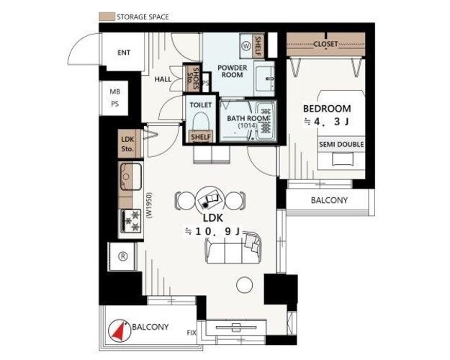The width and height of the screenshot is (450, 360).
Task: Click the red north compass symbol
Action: [x=120, y=330]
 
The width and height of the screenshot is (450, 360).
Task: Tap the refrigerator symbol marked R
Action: [x=123, y=256]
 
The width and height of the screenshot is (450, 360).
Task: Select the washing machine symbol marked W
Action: [x=246, y=46]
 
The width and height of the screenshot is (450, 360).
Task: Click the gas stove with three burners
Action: [x=131, y=220]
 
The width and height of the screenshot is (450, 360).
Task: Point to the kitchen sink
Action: [x=131, y=176]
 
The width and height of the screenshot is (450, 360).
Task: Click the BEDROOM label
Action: [x=327, y=109]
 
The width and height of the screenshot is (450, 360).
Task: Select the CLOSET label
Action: [x=325, y=44]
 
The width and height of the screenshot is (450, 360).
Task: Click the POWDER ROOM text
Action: [x=232, y=71]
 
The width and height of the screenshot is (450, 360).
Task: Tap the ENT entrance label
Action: [x=124, y=53]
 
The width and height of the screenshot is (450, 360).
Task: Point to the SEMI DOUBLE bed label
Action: [x=341, y=144]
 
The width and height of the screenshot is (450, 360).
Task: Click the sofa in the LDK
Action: [x=233, y=248]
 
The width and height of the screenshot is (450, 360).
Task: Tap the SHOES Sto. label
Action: [x=192, y=78]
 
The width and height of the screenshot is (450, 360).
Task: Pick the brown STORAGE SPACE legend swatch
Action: [x=107, y=17]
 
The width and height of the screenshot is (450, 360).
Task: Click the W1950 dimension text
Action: [x=149, y=206]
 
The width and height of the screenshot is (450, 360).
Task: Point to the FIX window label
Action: [x=192, y=333]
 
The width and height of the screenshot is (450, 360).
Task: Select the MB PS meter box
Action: [x=114, y=98]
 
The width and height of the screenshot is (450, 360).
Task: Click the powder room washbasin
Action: [x=264, y=78]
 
